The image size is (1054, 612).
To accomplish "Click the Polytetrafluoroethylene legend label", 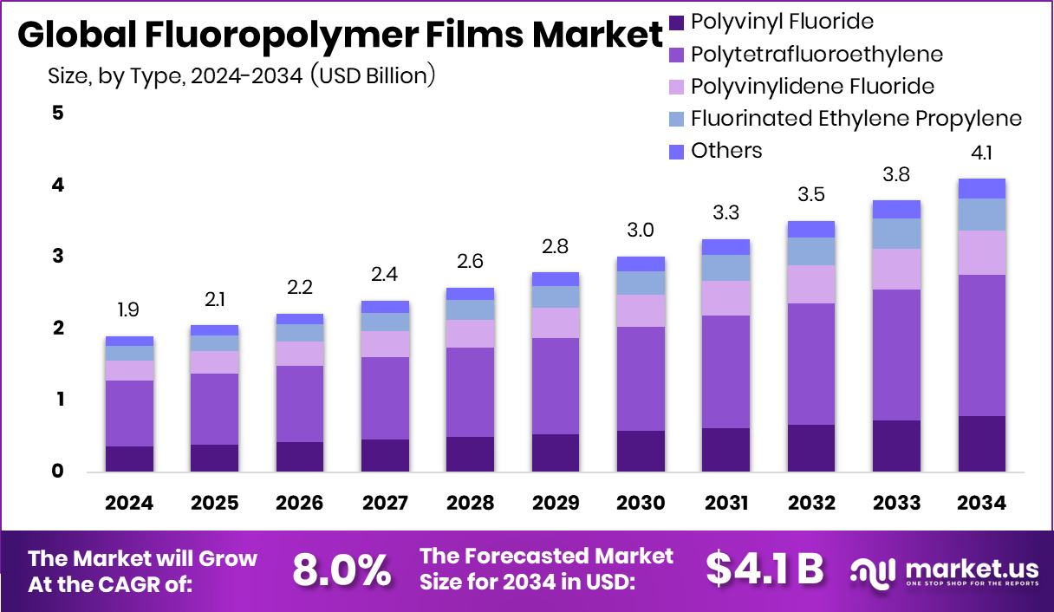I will pyautogui.click(x=817, y=54).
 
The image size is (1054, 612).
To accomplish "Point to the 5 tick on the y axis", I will pyautogui.click(x=58, y=114).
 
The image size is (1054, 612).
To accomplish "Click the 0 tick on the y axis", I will pyautogui.click(x=58, y=472).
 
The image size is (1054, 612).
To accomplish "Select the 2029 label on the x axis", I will pyautogui.click(x=556, y=504).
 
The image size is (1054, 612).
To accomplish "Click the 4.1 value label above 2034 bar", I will pyautogui.click(x=981, y=154).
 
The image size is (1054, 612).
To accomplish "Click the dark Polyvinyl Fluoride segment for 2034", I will pyautogui.click(x=981, y=443).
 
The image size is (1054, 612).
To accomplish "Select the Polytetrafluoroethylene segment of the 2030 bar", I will pyautogui.click(x=641, y=378).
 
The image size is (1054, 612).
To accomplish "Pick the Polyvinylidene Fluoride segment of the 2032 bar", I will pyautogui.click(x=811, y=283).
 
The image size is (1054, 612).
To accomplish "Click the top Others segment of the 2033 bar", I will pyautogui.click(x=896, y=209).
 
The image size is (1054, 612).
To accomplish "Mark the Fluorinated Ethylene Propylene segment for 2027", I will pyautogui.click(x=385, y=322).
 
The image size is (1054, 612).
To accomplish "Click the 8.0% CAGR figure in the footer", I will pyautogui.click(x=342, y=570).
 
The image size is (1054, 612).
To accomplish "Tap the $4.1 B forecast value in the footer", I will pyautogui.click(x=763, y=569).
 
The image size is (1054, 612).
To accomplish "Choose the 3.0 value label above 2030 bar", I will pyautogui.click(x=641, y=231).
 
